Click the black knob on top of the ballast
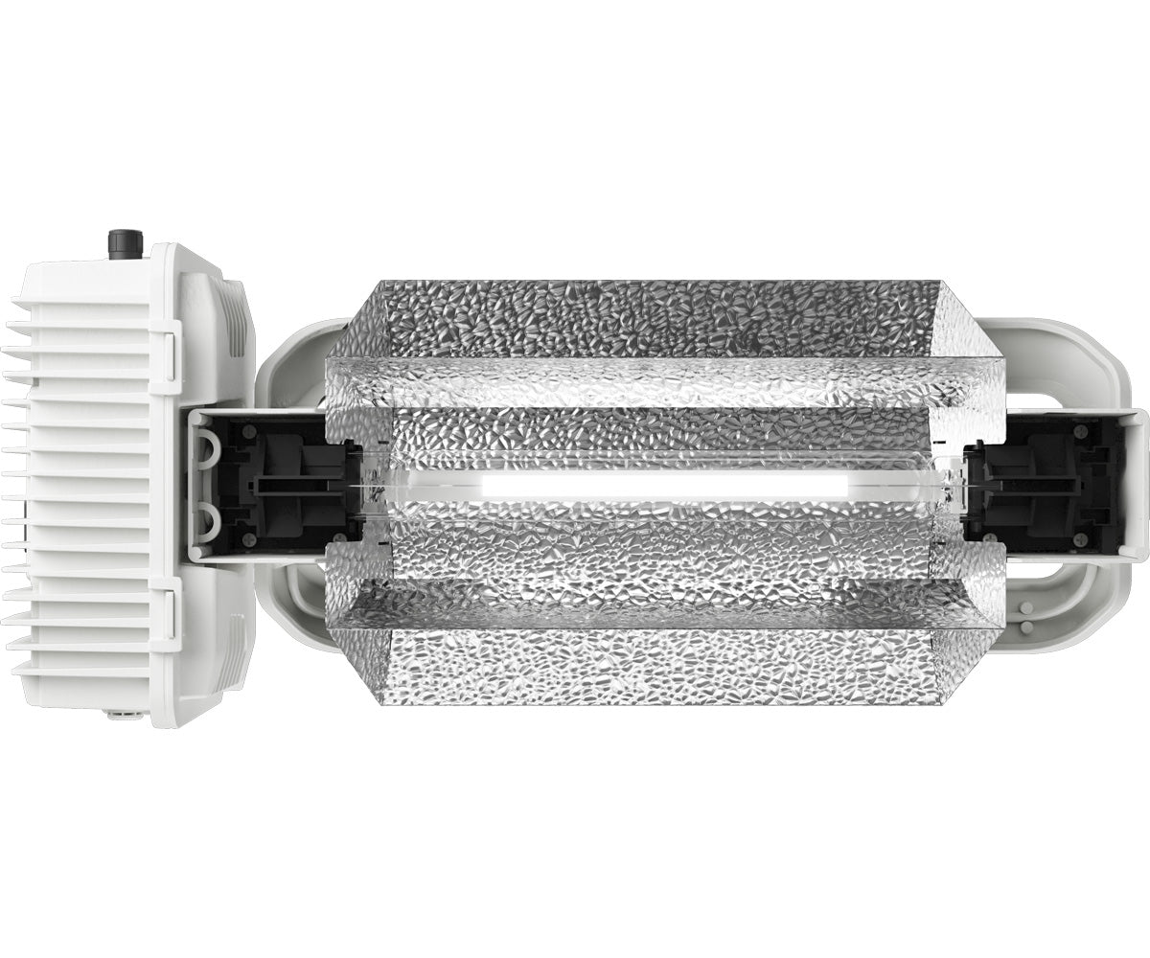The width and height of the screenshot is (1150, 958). tap(125, 243)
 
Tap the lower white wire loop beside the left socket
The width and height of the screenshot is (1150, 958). tap(207, 522)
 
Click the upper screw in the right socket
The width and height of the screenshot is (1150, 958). tap(1082, 431)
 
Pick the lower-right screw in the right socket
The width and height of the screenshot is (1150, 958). tap(1082, 542)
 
